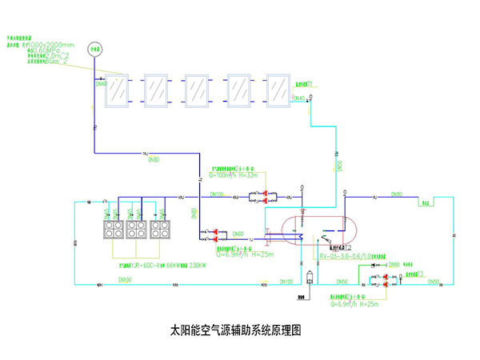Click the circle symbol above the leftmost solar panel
coord(96,47)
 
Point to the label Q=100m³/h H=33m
coord(235,175)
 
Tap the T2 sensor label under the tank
coord(349,238)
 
